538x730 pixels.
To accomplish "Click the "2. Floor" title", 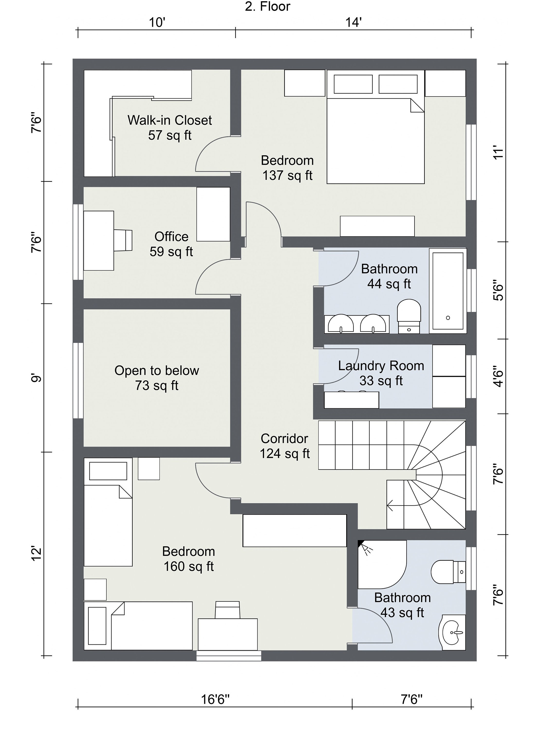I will point(267,7).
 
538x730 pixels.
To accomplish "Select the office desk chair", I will point(124,240).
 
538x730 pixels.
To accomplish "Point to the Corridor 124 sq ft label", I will point(284,446).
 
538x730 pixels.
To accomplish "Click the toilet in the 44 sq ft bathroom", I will point(409,315).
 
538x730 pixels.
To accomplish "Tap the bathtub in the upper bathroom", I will point(447,291).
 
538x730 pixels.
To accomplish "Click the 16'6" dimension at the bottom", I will point(215,699).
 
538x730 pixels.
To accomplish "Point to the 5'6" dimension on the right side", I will point(498,290).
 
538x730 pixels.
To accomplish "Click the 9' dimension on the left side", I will point(36,378).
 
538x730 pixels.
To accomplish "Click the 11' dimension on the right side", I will point(498,152).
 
